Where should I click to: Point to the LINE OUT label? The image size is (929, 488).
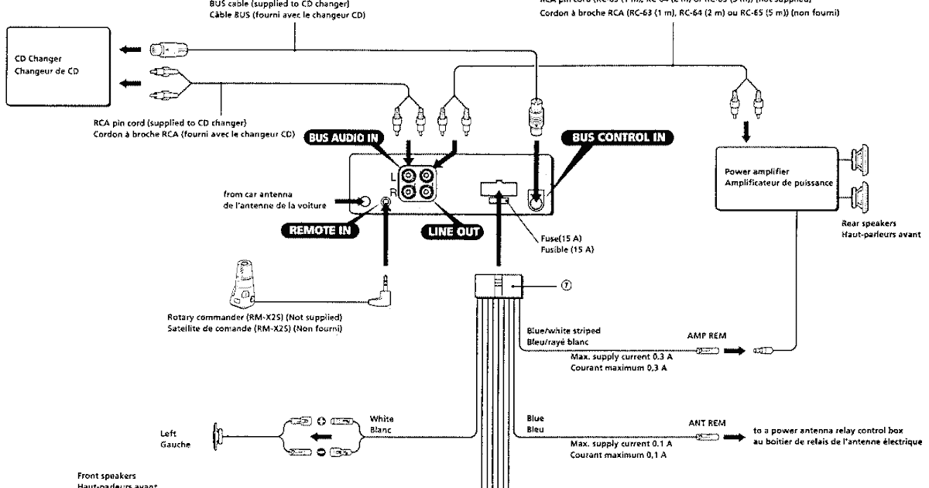click(450, 230)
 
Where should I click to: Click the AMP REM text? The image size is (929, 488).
click(704, 337)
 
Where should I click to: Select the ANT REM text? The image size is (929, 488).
click(706, 423)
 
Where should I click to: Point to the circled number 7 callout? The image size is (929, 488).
click(567, 286)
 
